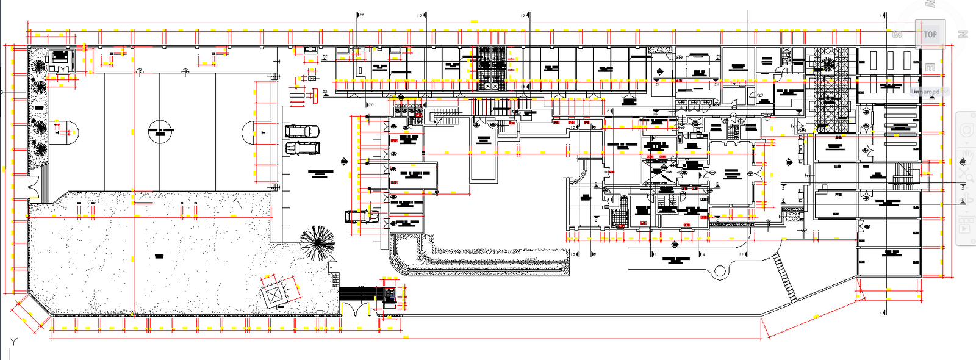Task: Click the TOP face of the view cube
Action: coord(930,35)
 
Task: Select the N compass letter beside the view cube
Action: coord(963,35)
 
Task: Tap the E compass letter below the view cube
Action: coord(930,68)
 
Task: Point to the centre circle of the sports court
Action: coord(160,131)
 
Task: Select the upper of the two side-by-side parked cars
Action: coord(302,131)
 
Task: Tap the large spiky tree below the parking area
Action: coord(317,242)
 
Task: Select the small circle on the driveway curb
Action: coord(720,271)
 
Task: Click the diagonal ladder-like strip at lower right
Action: coord(786,278)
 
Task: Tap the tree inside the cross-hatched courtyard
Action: coord(828,64)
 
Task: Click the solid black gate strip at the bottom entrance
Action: coord(360,293)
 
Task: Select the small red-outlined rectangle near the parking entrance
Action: coord(315,95)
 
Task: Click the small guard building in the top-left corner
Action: coord(60,59)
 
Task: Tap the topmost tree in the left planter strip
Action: coord(38,66)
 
